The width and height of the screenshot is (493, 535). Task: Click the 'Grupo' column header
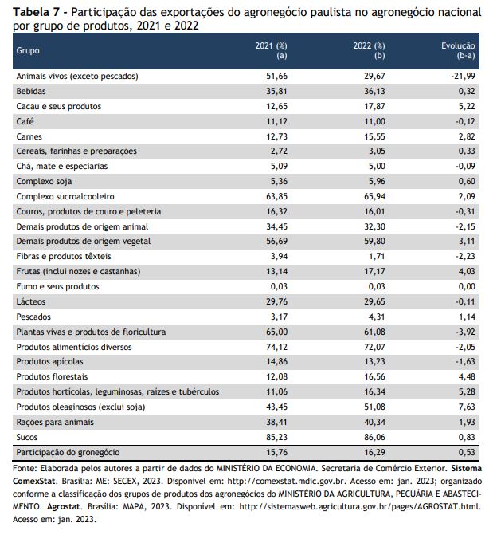(x=28, y=51)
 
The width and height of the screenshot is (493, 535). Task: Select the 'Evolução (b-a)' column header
(x=458, y=50)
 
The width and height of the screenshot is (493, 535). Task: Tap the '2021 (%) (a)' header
(x=271, y=50)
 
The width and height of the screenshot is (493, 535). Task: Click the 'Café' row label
(x=25, y=121)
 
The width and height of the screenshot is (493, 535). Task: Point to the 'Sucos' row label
(x=26, y=437)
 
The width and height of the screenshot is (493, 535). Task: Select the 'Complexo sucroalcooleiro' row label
(x=65, y=196)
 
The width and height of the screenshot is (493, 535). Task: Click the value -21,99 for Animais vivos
(x=463, y=76)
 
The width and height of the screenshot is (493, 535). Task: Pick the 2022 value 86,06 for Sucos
(x=374, y=437)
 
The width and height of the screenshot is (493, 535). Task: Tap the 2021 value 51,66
(x=276, y=76)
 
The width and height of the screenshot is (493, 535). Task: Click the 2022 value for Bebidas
(x=374, y=91)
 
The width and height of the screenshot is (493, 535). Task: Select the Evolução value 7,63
(x=467, y=407)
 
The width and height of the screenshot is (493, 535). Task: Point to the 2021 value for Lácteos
(x=276, y=301)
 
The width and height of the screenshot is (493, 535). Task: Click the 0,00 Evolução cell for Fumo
(x=467, y=286)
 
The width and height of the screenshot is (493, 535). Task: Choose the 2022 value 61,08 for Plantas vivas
(x=374, y=332)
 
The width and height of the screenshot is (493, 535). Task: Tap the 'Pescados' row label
(x=33, y=317)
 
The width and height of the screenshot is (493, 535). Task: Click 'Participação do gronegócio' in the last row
(x=68, y=452)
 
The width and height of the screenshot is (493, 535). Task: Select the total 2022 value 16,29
(x=374, y=452)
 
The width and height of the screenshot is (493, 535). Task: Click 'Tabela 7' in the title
(x=36, y=12)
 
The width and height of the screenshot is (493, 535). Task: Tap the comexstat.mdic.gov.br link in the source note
(x=287, y=481)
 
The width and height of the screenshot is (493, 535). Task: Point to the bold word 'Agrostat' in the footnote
(x=64, y=506)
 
